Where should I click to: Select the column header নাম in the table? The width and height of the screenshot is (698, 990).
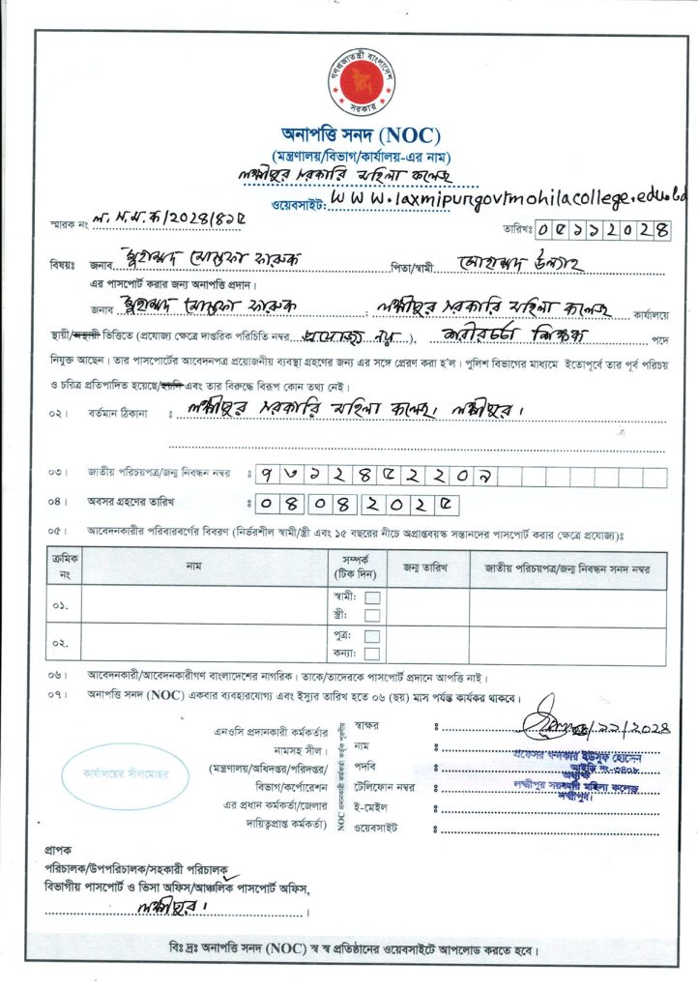click(x=194, y=565)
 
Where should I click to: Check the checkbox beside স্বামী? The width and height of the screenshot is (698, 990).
click(x=372, y=597)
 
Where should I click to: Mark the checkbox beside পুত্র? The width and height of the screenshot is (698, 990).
click(x=372, y=636)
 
